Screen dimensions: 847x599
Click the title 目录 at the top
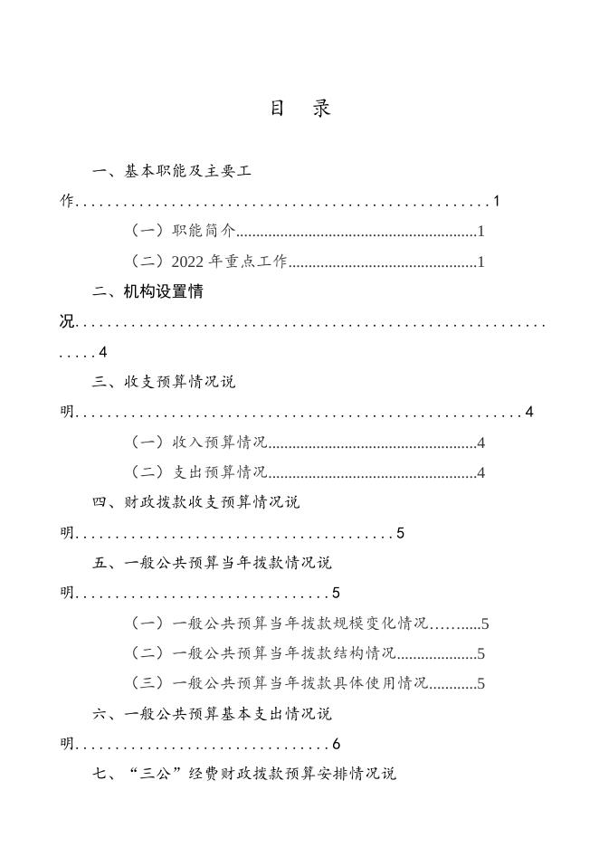point(299,109)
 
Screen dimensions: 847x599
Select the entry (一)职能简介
point(183,231)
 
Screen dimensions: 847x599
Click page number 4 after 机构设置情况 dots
point(103,352)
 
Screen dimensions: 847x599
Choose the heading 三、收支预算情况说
point(164,382)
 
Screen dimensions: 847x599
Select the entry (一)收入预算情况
point(198,443)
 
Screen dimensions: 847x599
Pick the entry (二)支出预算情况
point(198,472)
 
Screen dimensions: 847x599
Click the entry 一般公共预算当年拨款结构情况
point(263,653)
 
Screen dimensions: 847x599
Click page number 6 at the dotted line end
point(336,745)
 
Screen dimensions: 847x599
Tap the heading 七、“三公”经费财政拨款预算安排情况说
point(244,775)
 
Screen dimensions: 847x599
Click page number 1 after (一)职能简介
point(481,232)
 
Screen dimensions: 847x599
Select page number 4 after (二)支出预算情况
point(481,473)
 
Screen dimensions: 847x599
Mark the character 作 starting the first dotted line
point(66,201)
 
